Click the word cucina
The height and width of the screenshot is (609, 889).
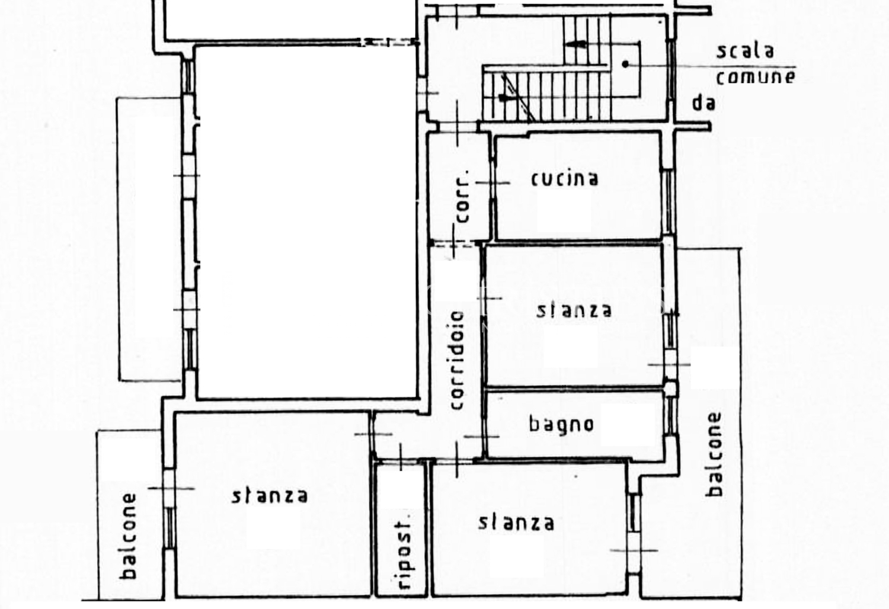coord(565,179)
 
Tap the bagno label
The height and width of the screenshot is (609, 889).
coord(561,425)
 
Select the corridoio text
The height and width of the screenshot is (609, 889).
coord(457,360)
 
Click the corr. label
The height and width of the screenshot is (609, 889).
coord(462,197)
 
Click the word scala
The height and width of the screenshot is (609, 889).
coord(745,51)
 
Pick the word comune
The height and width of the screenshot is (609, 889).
coord(756,76)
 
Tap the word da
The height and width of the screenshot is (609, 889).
coord(703,102)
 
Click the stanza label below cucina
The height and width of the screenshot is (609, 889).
coord(574,310)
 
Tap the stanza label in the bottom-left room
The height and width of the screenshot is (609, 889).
coord(270,496)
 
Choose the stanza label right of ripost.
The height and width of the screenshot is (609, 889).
coord(516,523)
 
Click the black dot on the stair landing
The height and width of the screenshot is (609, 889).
coord(625,64)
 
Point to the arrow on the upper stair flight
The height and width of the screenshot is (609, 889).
coord(575,44)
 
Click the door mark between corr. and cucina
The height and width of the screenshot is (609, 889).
coord(493,183)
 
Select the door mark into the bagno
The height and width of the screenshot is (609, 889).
coord(482,437)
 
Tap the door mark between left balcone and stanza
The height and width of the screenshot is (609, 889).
coord(171,488)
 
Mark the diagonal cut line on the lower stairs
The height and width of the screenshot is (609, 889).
coord(519,97)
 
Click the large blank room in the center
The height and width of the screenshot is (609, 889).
coord(308,222)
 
